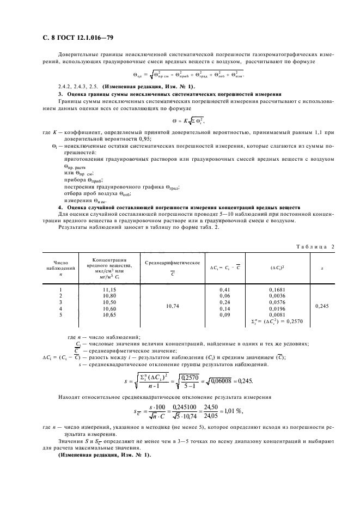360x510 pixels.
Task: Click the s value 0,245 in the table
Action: [322, 306]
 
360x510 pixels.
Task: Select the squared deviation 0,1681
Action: [277, 290]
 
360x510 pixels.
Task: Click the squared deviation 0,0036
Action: [277, 295]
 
